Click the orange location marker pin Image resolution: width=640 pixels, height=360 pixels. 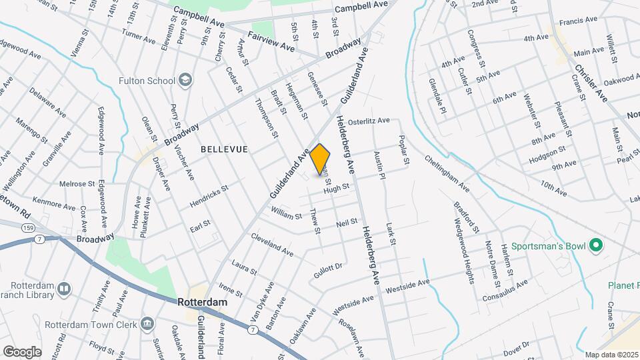click(320, 157)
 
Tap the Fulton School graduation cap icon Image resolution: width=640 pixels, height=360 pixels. click(184, 81)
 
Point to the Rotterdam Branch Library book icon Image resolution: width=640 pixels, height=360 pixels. click(64, 289)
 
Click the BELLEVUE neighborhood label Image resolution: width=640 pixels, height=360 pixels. click(224, 149)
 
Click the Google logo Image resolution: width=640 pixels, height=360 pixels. click(22, 351)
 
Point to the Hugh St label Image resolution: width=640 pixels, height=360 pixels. click(337, 189)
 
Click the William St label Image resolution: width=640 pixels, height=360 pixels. click(286, 213)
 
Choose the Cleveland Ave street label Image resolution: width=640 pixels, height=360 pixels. click(272, 245)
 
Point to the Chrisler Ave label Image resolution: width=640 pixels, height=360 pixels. click(591, 83)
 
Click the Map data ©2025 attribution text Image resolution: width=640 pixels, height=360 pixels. click(611, 354)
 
